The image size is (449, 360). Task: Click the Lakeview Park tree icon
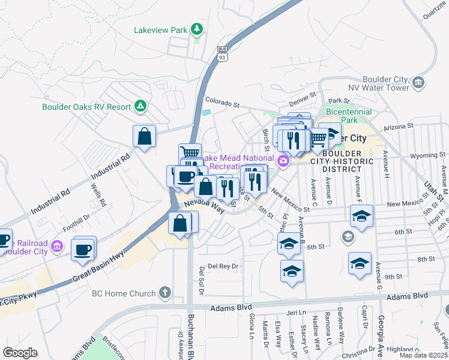point(196,29)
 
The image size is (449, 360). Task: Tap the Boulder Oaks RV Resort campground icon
point(140,106)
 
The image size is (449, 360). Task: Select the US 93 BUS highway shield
point(222,54)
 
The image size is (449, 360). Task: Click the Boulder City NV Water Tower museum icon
point(418,82)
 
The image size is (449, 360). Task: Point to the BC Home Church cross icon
point(164,293)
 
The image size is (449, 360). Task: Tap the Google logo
point(20,353)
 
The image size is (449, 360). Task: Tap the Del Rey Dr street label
point(223,266)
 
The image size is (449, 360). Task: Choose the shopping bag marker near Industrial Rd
point(145,136)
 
